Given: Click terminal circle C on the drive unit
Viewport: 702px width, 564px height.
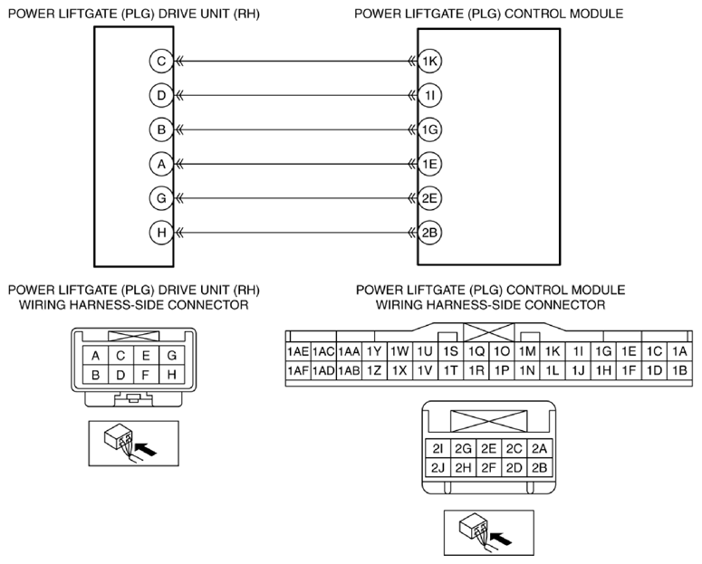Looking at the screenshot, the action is point(161,61).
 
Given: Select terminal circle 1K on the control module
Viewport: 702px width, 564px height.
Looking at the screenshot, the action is point(429,61).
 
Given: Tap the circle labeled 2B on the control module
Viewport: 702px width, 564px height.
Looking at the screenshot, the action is point(429,233).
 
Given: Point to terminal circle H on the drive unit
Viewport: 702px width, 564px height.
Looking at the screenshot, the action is point(161,233).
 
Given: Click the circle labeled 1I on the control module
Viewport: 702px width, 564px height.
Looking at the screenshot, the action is point(429,95).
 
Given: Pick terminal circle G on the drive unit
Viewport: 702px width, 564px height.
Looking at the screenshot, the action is point(161,198).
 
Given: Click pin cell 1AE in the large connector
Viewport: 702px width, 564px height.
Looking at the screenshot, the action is point(298,352).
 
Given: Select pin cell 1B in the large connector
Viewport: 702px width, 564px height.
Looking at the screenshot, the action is point(679,370).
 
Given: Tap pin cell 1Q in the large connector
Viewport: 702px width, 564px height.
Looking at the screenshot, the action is point(476,352).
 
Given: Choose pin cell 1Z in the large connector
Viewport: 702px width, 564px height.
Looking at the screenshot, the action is point(374,370).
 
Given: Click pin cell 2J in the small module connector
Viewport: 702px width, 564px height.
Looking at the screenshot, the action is point(438,468).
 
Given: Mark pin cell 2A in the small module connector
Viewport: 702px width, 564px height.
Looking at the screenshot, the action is point(540,448).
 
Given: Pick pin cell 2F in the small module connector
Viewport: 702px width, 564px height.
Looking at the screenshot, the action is point(489,468).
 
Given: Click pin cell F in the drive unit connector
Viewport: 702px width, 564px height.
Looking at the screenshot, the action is point(146,375).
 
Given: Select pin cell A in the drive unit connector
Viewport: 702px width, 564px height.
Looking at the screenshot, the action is point(95,356).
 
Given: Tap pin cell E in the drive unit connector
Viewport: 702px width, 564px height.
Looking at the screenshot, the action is point(146,356).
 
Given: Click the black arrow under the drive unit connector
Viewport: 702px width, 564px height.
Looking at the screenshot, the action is point(146,449).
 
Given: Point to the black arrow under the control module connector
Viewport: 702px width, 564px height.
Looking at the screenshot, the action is point(502,538).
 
